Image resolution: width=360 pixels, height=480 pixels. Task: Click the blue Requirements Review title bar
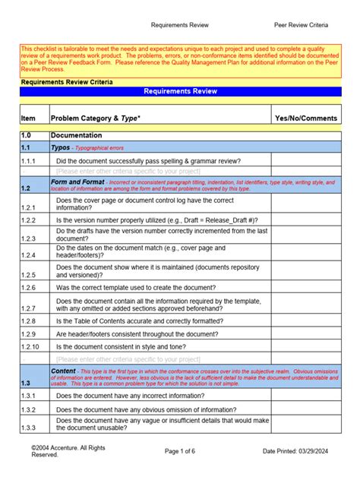coord(180,91)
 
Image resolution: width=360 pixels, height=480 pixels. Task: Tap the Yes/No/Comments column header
coord(306,118)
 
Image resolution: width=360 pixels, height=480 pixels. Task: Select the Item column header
coord(28,118)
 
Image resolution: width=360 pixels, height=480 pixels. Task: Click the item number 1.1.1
coord(29,161)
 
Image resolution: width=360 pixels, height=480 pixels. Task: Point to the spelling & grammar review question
coord(148,161)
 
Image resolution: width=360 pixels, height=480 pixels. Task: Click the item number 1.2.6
coord(29,288)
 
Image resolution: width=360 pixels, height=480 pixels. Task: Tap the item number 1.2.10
coord(30,346)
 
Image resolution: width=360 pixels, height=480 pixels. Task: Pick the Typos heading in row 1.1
coord(60,147)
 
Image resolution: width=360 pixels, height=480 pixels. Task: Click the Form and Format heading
coord(77,183)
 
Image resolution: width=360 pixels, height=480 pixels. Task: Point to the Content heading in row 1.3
coord(63,371)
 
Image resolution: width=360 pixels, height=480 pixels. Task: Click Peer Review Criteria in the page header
coord(301,25)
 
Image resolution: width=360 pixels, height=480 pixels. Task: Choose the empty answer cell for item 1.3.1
coord(306,396)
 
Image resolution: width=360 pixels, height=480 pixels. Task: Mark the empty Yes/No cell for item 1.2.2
coord(306,219)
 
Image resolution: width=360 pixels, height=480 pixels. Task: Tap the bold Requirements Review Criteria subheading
coord(67,81)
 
